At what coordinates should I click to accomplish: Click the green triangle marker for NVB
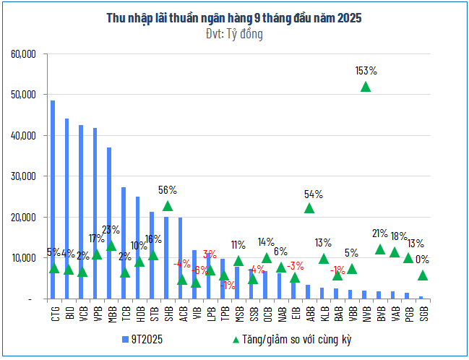(366, 87)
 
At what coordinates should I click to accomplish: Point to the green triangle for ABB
(309, 208)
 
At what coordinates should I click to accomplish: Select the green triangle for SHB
(168, 206)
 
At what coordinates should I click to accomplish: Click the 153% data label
(366, 71)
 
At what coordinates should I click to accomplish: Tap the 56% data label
(168, 190)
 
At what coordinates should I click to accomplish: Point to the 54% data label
(313, 194)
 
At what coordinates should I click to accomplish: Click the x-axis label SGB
(423, 313)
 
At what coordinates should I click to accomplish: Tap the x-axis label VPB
(95, 313)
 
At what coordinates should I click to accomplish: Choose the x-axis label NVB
(366, 313)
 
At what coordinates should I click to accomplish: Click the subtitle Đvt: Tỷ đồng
(234, 33)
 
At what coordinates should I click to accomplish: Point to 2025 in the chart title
(348, 17)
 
